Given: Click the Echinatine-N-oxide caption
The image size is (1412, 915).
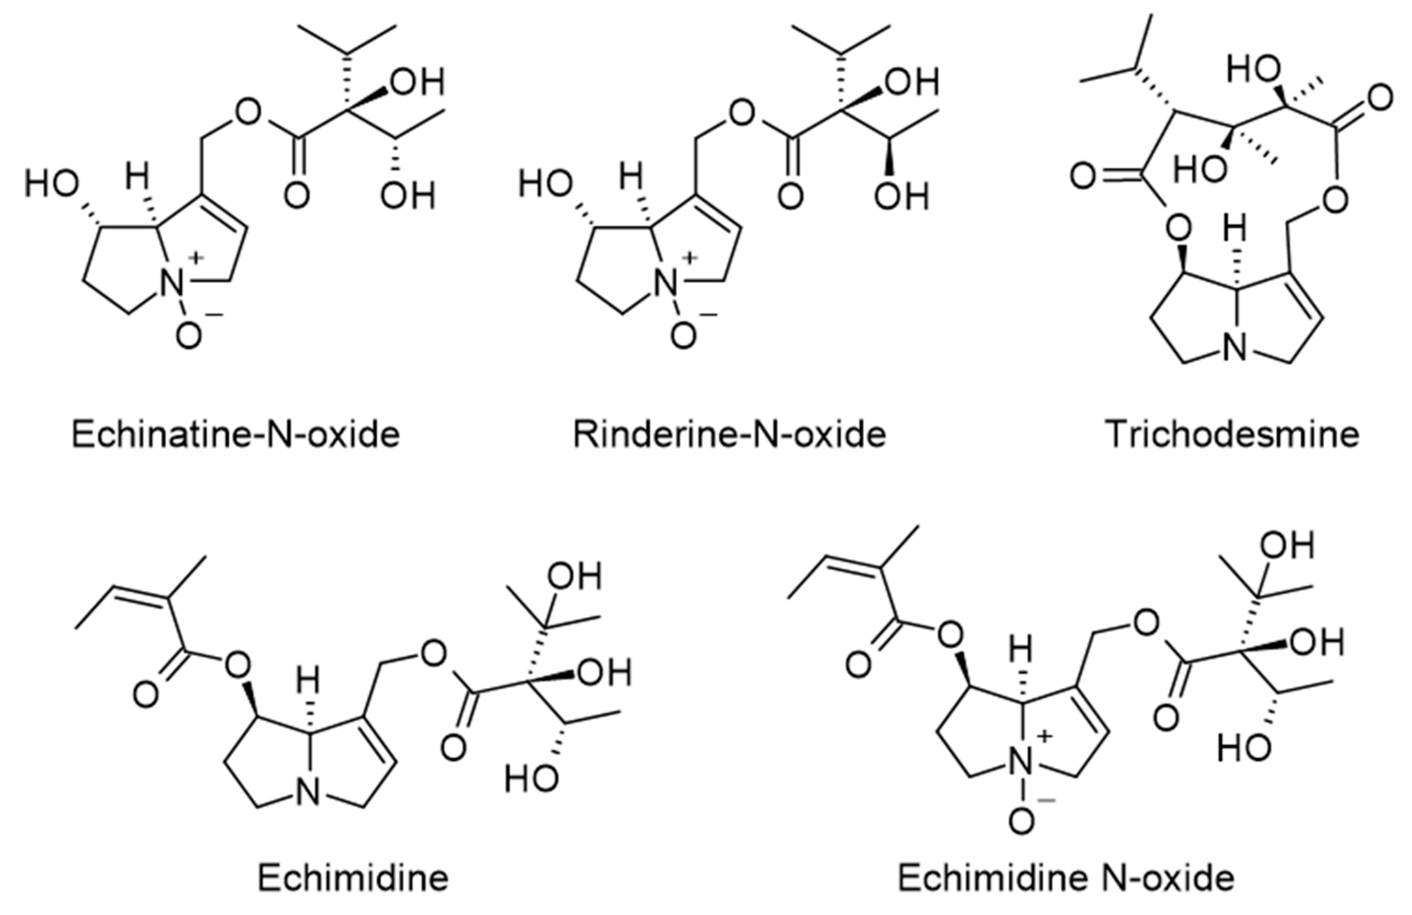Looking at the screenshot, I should click(x=236, y=435).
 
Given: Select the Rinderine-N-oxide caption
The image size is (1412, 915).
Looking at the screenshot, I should click(x=729, y=435).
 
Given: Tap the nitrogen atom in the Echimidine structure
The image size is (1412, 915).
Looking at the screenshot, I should click(x=308, y=794).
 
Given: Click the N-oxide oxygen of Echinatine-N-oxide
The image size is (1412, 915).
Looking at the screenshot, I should click(x=189, y=336).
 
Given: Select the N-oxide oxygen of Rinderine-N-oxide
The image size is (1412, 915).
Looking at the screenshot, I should click(x=683, y=336).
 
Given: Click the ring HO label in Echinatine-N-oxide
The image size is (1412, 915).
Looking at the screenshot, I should click(x=52, y=183).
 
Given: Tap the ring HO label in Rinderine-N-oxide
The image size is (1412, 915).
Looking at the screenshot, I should click(x=546, y=183).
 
